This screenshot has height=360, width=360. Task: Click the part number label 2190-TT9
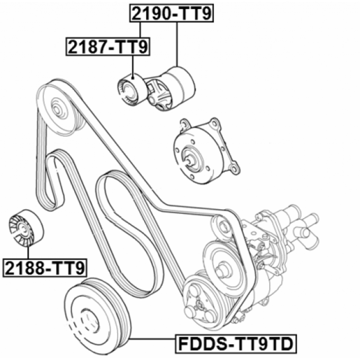pos(171,13)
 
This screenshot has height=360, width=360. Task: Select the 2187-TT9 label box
pos(108,47)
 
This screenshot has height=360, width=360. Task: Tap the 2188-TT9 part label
pos(45,268)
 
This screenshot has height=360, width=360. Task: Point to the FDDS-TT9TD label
pos(236,344)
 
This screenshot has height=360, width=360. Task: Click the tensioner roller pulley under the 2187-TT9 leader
pos(132,90)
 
